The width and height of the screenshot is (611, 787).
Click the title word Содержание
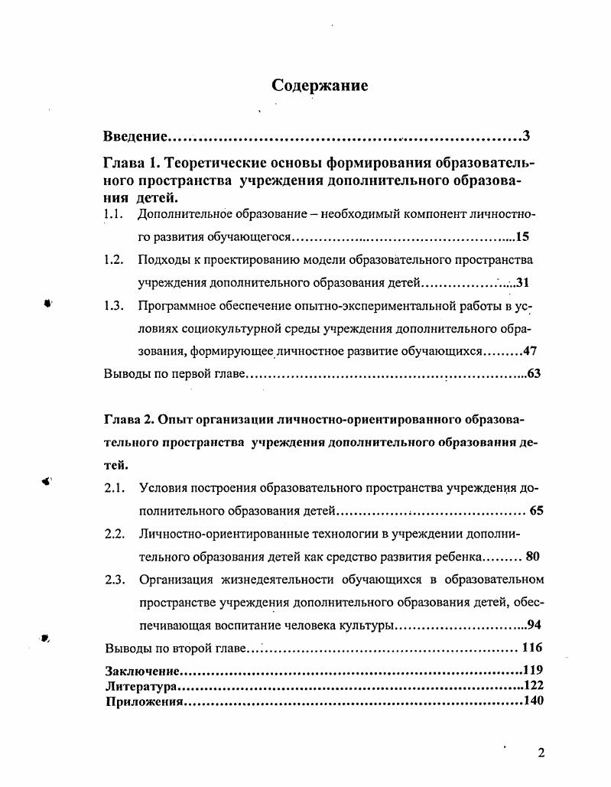[x=320, y=86]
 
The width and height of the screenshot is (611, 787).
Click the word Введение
[x=135, y=137]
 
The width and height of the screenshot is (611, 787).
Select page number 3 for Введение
[x=526, y=137]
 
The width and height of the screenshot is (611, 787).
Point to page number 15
[x=523, y=237]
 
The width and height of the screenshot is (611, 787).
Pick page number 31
[x=523, y=283]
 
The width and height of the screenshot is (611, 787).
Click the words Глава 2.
[x=128, y=419]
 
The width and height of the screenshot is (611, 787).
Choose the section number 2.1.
[x=114, y=487]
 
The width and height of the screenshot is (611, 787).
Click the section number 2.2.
[x=114, y=533]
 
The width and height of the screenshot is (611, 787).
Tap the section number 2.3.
[x=114, y=579]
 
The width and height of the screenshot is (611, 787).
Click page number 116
[x=531, y=648]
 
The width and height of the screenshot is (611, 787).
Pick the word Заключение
[x=144, y=671]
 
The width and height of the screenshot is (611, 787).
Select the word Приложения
[x=144, y=701]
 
